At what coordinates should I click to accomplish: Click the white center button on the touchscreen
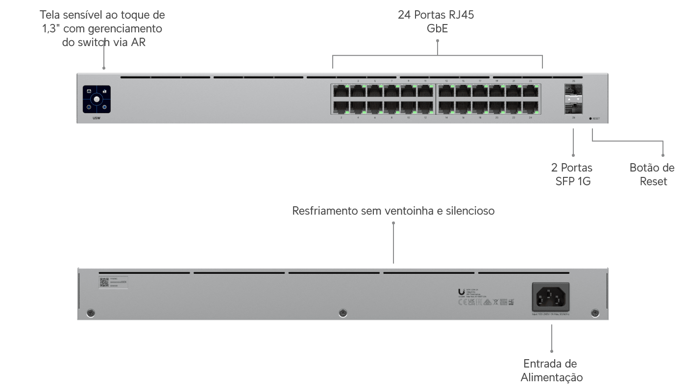click(x=97, y=99)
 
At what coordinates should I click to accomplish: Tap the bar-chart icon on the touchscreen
click(x=104, y=91)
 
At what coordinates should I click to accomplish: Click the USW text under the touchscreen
click(x=96, y=119)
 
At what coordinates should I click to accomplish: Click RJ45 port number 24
click(x=531, y=107)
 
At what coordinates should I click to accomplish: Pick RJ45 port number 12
click(x=425, y=107)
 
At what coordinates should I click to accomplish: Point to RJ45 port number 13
click(x=446, y=91)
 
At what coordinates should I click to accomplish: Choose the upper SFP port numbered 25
click(x=573, y=91)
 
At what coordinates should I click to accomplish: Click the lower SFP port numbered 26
click(x=573, y=107)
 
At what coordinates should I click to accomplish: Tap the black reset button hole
click(x=590, y=119)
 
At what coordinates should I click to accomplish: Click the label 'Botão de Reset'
click(x=652, y=174)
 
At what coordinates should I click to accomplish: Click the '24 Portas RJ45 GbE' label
click(x=436, y=22)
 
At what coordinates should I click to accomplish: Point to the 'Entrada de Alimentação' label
click(x=551, y=370)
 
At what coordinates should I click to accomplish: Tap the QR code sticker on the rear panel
click(x=104, y=282)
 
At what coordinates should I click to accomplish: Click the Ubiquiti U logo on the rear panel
click(x=462, y=293)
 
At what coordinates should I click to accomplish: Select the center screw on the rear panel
click(x=343, y=313)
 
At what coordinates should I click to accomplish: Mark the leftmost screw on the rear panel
click(x=90, y=313)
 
